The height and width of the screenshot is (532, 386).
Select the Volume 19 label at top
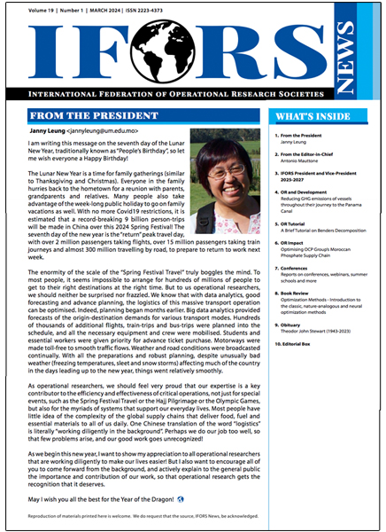[x=40, y=8]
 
